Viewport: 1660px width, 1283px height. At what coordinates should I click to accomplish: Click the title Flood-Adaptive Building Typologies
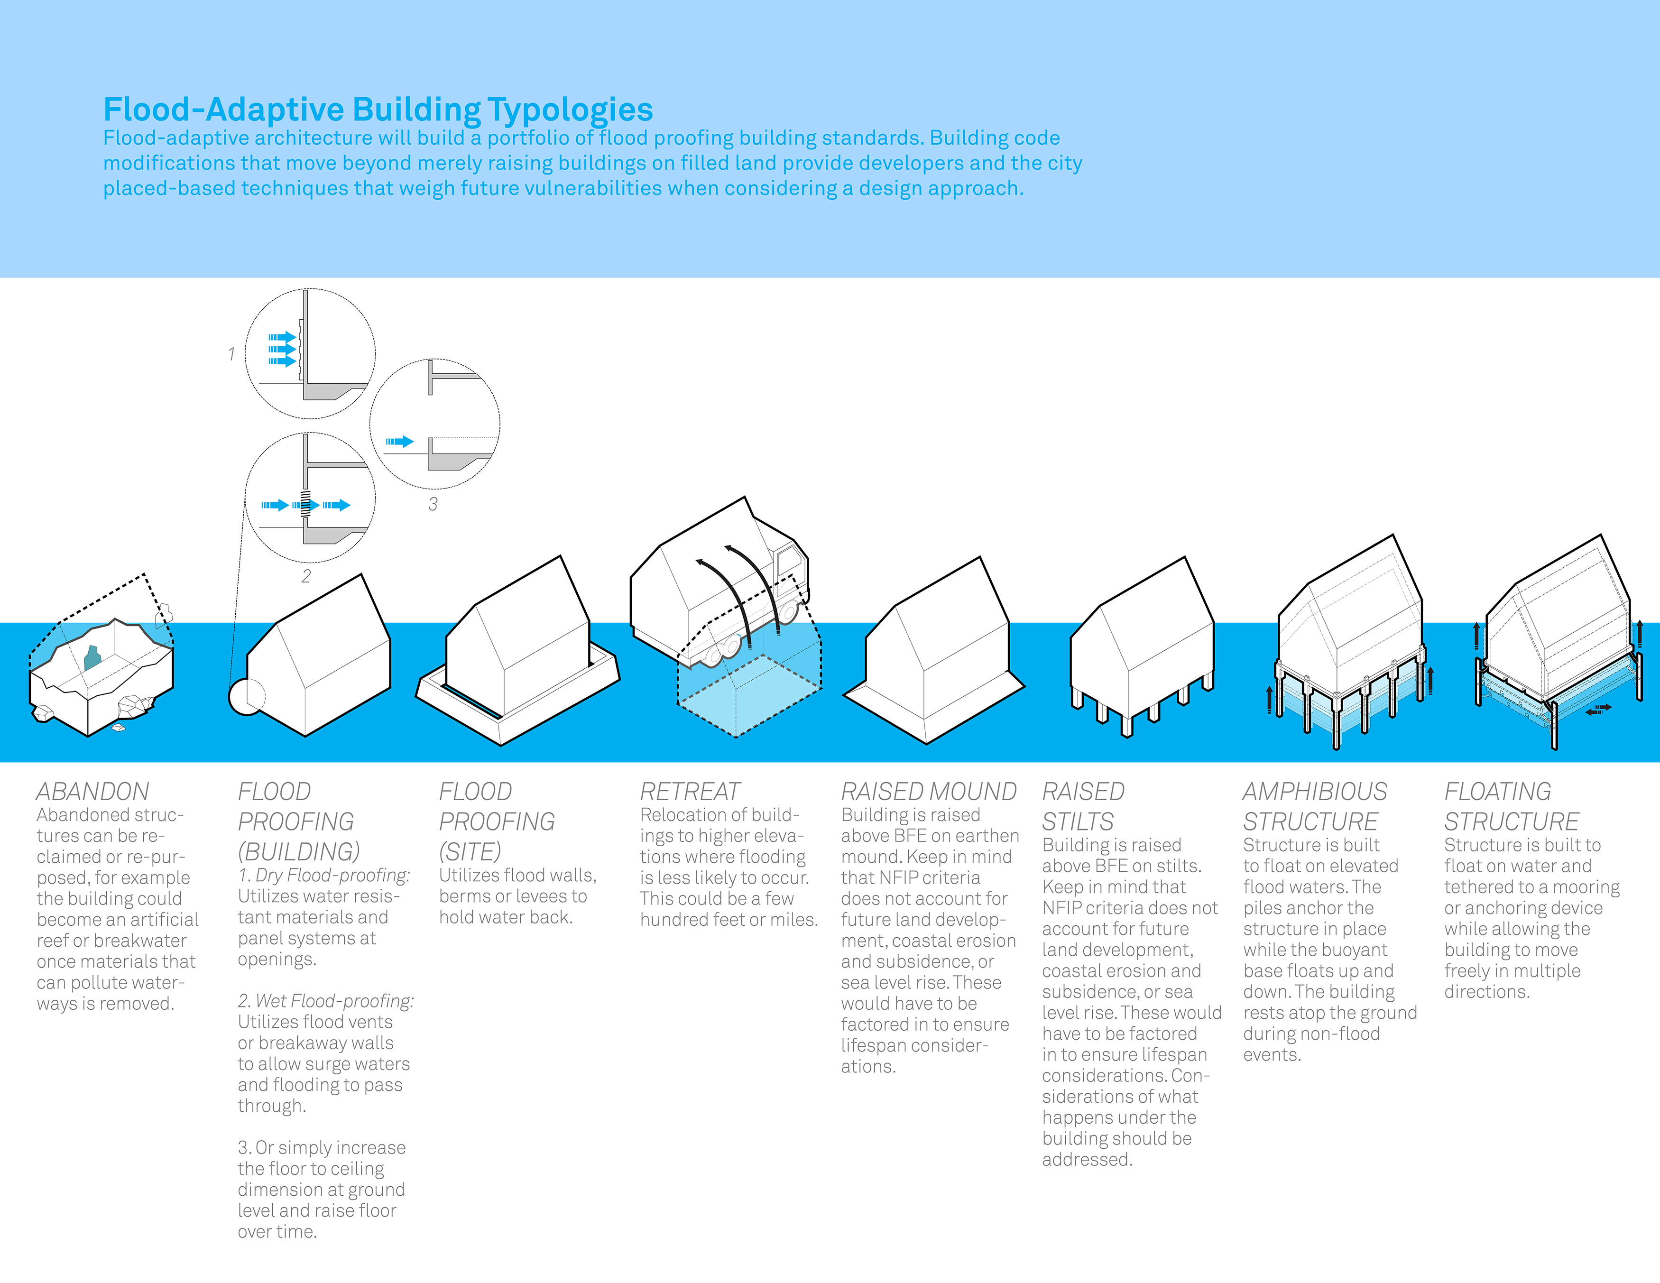point(378,110)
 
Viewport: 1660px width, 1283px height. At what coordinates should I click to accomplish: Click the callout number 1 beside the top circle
point(231,354)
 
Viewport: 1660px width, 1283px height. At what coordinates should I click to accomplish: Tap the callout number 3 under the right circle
point(433,504)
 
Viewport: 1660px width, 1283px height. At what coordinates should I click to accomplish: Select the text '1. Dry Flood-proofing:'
point(324,876)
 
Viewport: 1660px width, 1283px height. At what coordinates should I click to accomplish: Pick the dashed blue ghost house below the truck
point(749,676)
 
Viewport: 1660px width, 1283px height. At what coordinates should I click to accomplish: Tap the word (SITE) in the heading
point(470,852)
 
